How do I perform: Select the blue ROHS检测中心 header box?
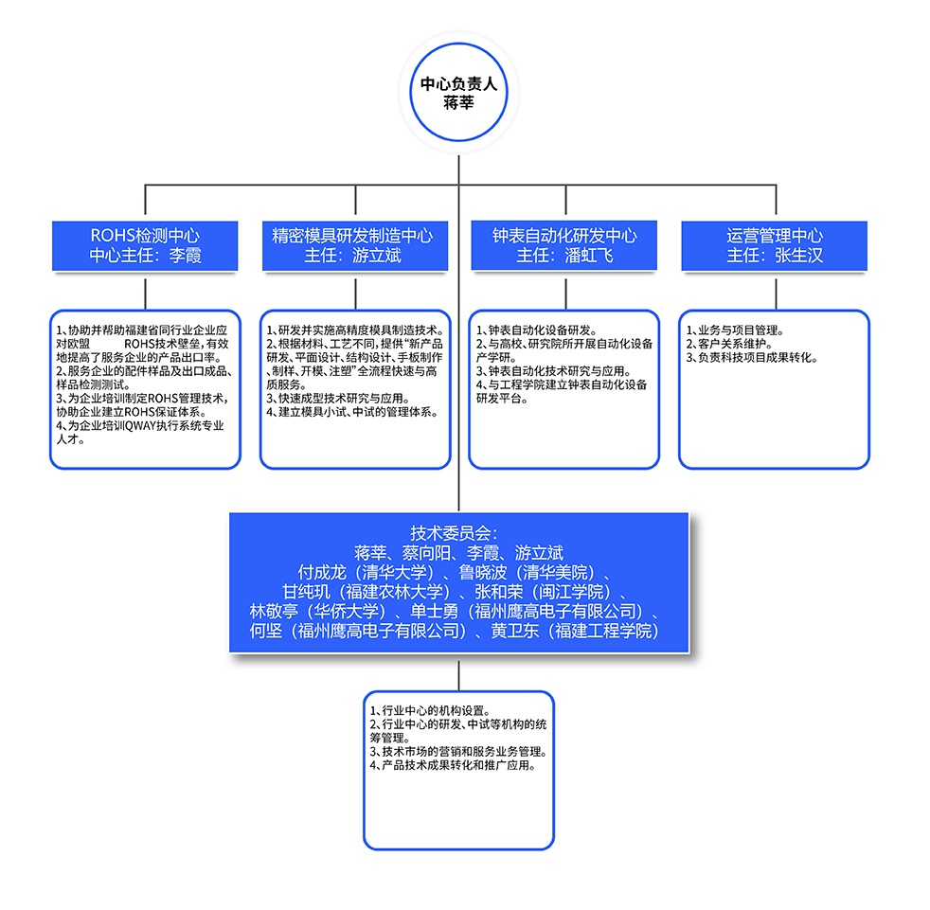click(145, 245)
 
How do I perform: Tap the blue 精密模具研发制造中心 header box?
click(354, 245)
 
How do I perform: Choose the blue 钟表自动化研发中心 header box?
click(564, 245)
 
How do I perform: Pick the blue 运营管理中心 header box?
click(775, 245)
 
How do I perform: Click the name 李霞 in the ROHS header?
click(185, 256)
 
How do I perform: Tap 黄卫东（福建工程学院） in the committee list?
click(573, 631)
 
